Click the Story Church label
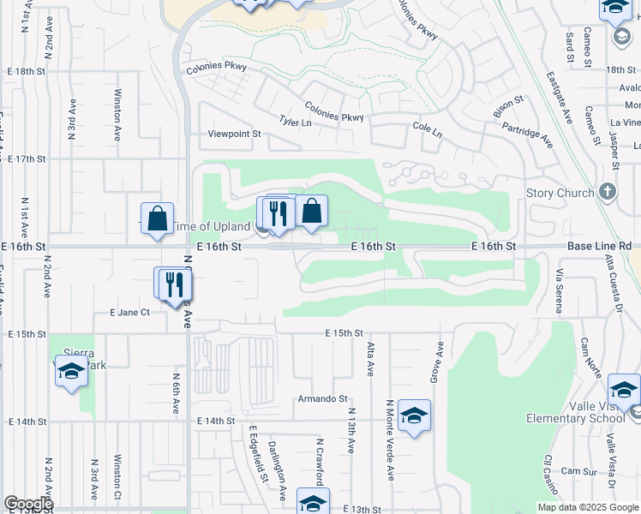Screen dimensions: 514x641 [x=560, y=193]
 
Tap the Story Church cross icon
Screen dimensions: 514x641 [x=608, y=191]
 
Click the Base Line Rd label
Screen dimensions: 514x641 [x=599, y=246]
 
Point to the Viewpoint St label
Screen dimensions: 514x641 [x=234, y=134]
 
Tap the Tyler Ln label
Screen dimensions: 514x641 [x=294, y=123]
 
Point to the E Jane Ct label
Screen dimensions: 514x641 [x=130, y=313]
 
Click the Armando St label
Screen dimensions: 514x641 [x=322, y=399]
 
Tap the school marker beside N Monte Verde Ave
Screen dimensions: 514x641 [x=414, y=416]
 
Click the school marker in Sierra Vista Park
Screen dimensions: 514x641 [x=72, y=371]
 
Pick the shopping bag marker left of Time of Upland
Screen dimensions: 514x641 [x=158, y=218]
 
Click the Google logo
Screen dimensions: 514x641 [x=28, y=504]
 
